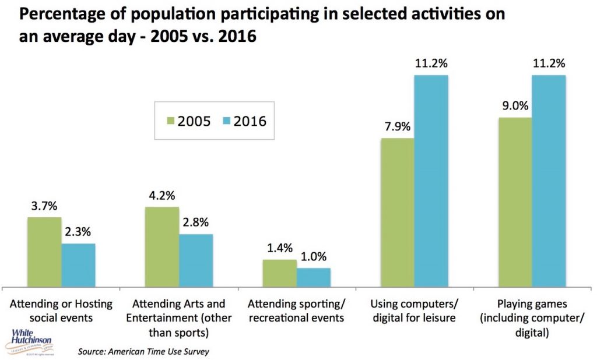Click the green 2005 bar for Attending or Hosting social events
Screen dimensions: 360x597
[44, 252]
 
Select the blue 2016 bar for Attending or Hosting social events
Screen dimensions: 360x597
[78, 265]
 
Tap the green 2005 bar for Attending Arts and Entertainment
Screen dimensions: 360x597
[162, 246]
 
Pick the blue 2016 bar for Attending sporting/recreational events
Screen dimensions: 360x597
[314, 277]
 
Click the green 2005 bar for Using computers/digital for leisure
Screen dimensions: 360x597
[397, 212]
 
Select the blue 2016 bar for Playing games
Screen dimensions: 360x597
[549, 181]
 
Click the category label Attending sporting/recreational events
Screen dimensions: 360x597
[296, 311]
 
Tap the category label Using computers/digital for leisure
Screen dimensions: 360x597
[413, 311]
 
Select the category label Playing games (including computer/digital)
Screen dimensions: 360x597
[531, 318]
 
